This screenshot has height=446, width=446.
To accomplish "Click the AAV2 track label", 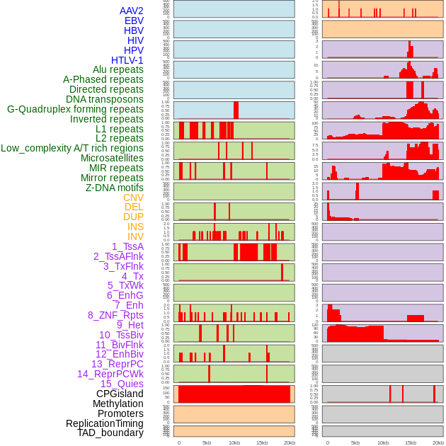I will click(x=131, y=11).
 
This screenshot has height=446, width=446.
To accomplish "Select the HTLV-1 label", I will click(x=127, y=60).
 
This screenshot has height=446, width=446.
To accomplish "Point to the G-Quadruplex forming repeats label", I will click(x=75, y=109).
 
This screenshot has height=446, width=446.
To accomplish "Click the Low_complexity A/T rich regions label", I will click(x=72, y=148).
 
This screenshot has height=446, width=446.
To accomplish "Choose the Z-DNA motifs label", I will click(x=114, y=188).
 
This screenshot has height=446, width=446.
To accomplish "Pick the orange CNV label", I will click(x=133, y=198).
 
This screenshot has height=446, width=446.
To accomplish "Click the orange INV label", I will click(x=135, y=236).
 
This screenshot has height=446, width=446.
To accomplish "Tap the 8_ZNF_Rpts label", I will click(x=115, y=315).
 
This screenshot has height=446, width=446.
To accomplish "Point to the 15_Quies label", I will click(x=121, y=384).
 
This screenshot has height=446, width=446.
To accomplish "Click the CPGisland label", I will click(x=120, y=394).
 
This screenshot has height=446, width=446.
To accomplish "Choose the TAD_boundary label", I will click(x=110, y=433).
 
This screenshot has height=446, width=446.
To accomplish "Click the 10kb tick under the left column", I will click(x=234, y=442).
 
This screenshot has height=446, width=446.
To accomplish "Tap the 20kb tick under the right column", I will click(x=438, y=442).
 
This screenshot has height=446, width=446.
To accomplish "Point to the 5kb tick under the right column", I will click(x=355, y=442).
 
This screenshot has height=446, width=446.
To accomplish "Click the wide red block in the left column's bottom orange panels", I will click(x=234, y=394).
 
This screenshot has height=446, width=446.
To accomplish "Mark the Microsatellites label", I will click(x=112, y=158).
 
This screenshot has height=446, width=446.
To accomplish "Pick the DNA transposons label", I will click(x=104, y=99).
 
